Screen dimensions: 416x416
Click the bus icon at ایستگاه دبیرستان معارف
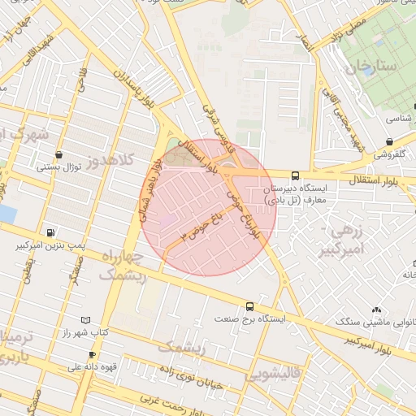(x=294, y=175)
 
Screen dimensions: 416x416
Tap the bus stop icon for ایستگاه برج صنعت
(x=249, y=307)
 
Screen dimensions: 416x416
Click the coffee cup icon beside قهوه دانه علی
(x=92, y=354)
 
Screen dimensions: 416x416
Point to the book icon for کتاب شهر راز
(x=86, y=321)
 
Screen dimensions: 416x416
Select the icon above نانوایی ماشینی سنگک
(x=375, y=310)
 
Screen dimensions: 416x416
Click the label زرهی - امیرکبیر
(x=346, y=240)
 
